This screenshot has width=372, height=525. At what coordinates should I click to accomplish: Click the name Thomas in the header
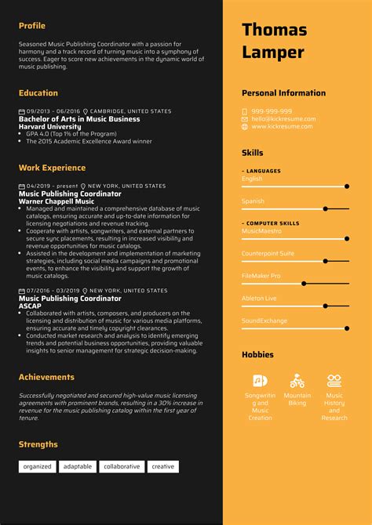[x=274, y=30]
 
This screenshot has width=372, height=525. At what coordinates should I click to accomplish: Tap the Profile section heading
[x=32, y=26]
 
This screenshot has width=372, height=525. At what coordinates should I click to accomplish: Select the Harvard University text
[x=49, y=126]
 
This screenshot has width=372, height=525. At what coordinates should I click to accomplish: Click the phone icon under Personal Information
[x=245, y=111]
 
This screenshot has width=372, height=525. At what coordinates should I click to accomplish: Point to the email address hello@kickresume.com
[x=282, y=119]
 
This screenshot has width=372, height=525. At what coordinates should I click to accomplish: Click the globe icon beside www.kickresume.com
[x=245, y=126]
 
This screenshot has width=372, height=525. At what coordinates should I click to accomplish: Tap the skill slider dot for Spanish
[x=325, y=209]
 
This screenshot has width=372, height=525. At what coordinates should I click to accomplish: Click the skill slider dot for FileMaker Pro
[x=303, y=284]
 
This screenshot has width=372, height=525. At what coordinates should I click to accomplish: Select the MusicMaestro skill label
[x=261, y=231]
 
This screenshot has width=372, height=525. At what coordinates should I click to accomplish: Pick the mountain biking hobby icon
[x=297, y=382]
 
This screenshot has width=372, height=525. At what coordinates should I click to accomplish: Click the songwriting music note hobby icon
[x=260, y=382]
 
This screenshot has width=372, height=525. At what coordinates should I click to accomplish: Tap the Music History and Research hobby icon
[x=334, y=382]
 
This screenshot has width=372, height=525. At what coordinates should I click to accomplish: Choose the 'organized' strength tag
[x=37, y=466]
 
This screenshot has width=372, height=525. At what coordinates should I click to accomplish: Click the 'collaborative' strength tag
[x=122, y=466]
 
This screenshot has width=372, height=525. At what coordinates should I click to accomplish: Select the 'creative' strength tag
[x=163, y=466]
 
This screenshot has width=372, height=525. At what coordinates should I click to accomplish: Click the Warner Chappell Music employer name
[x=56, y=201]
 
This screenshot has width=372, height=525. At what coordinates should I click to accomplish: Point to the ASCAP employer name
[x=29, y=306]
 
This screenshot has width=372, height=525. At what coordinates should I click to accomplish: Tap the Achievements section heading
[x=46, y=377]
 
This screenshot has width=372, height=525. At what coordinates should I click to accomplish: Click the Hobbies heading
[x=258, y=355]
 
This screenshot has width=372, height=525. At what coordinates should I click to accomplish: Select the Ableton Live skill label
[x=259, y=298]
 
